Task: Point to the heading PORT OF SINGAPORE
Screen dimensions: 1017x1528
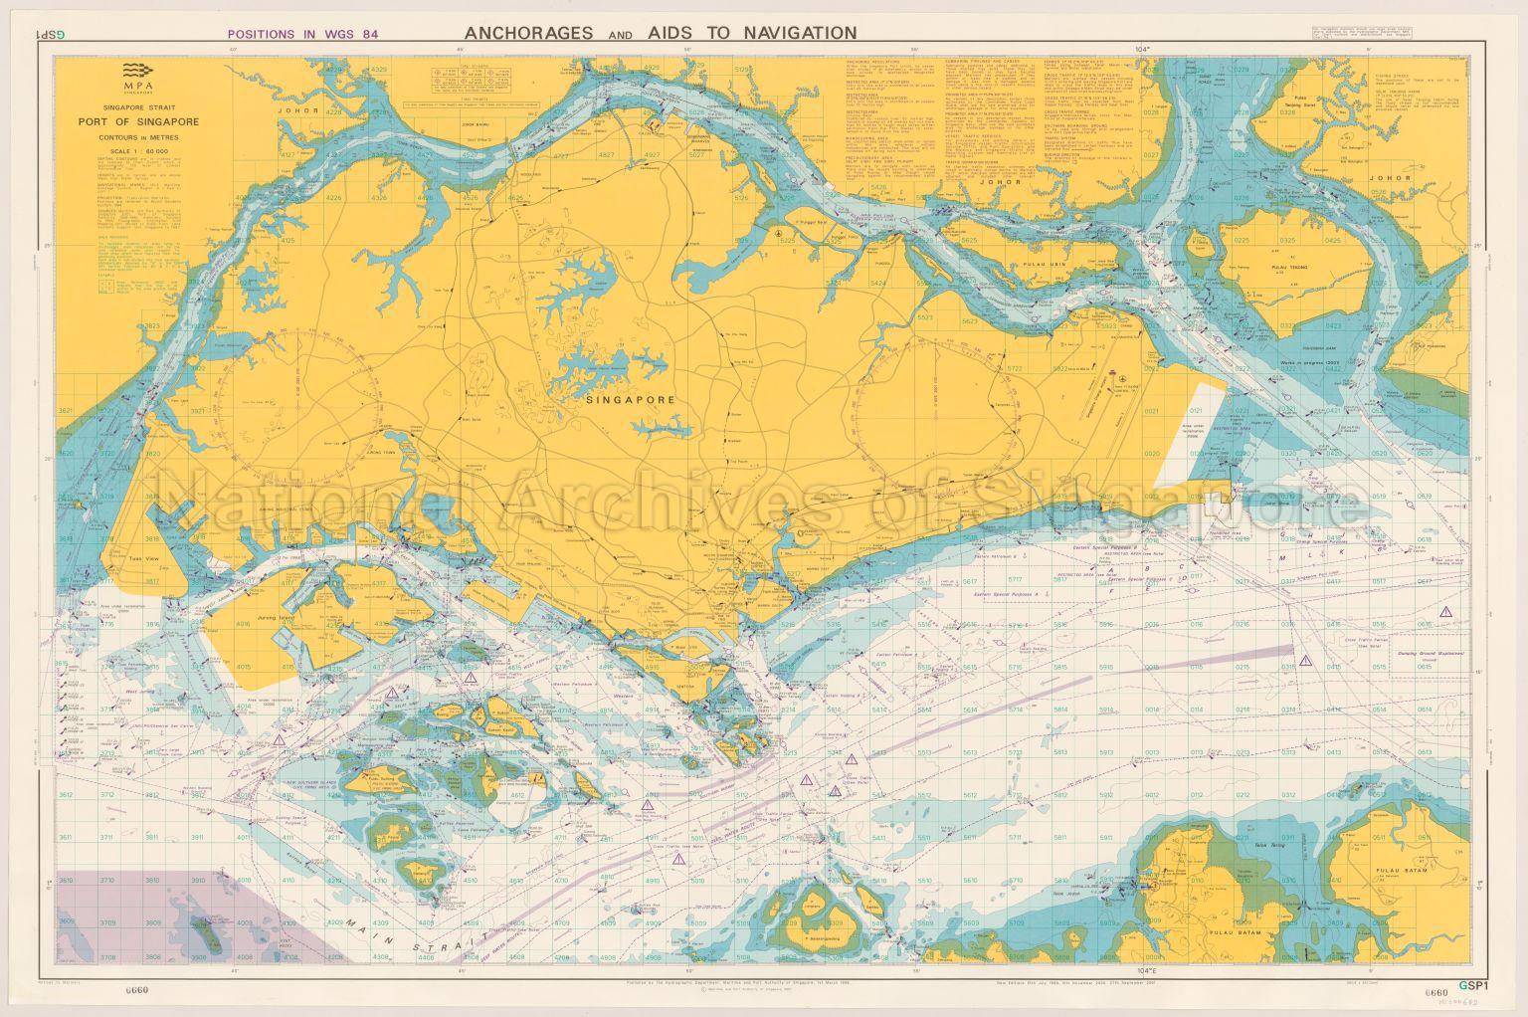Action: click(139, 121)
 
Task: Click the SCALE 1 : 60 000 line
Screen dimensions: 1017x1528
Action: click(139, 150)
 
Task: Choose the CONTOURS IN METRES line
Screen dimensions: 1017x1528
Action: click(139, 135)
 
